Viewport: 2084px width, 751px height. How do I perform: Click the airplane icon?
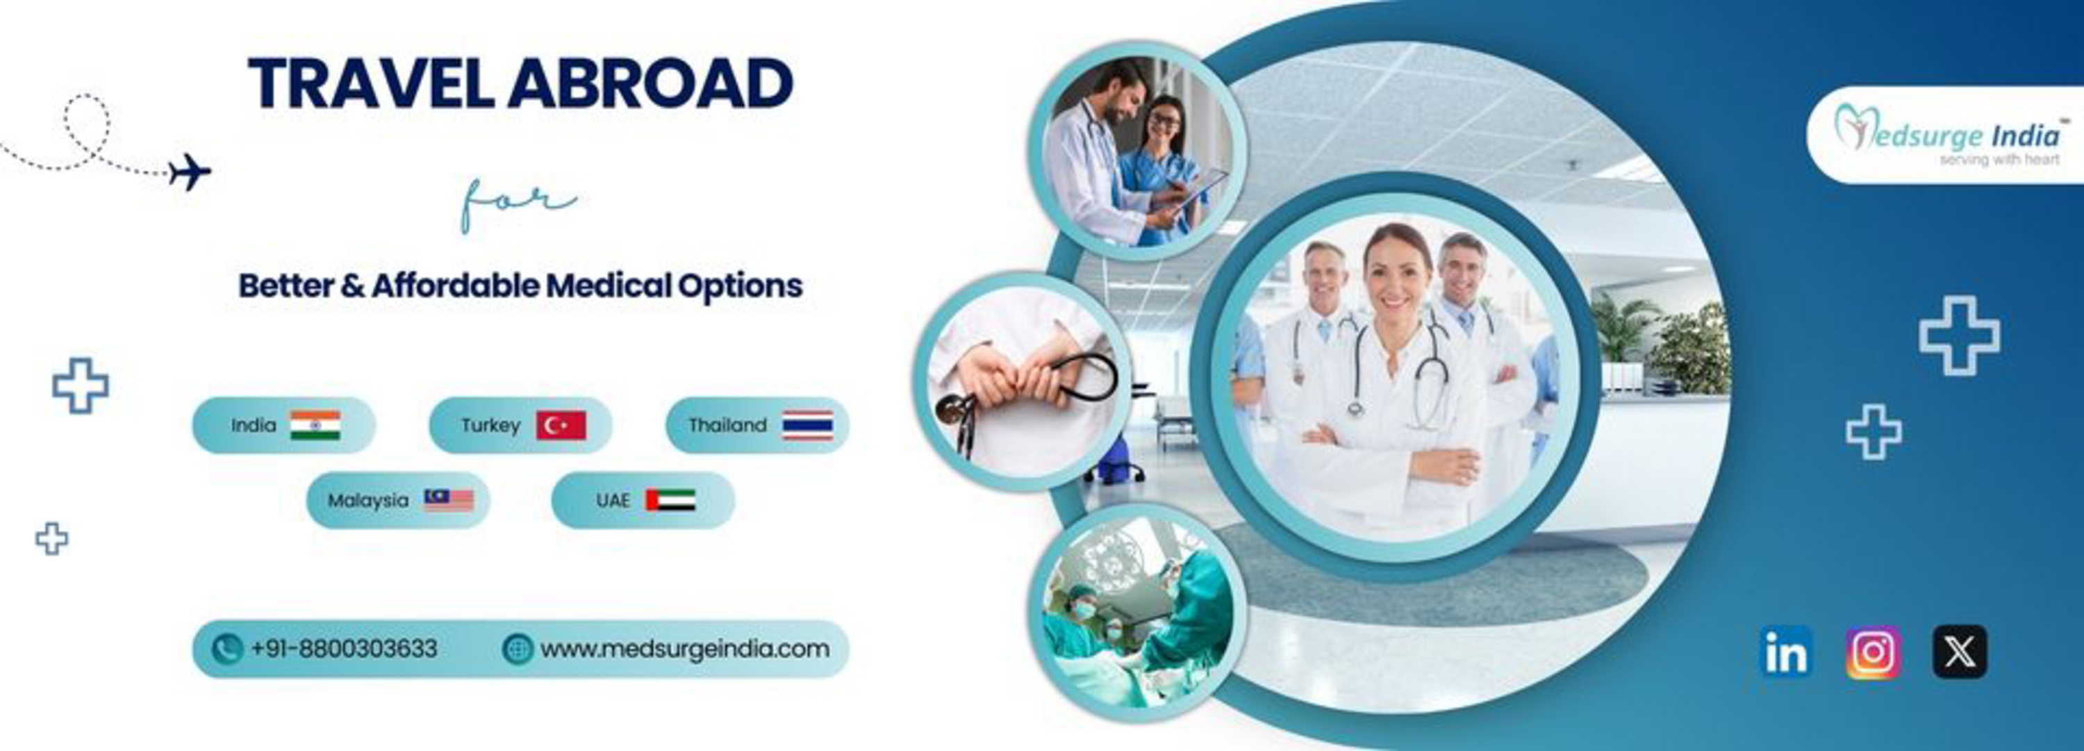click(x=190, y=172)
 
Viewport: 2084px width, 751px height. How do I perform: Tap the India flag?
click(x=315, y=425)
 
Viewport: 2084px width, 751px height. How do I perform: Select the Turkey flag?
click(x=561, y=425)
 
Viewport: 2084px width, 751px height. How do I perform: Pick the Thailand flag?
click(x=807, y=425)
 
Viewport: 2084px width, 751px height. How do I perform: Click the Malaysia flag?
click(x=449, y=500)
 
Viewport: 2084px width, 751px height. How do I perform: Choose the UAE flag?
click(x=670, y=500)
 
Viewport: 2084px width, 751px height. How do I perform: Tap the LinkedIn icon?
click(x=1785, y=652)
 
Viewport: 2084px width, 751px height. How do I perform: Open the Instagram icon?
click(x=1874, y=652)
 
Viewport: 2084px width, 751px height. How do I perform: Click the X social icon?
click(x=1960, y=652)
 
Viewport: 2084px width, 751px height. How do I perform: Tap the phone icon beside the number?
click(x=226, y=649)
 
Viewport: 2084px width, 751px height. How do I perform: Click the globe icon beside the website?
click(x=518, y=649)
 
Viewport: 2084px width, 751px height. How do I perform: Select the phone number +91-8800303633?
click(x=344, y=649)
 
